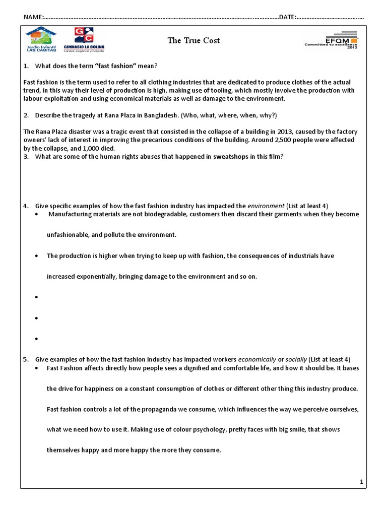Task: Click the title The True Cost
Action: point(194,40)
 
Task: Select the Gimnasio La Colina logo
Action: point(84,39)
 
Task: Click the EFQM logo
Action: point(331,41)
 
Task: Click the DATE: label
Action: point(287,17)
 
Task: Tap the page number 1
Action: point(361,482)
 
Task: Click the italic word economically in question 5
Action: point(257,359)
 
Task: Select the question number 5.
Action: point(26,359)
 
